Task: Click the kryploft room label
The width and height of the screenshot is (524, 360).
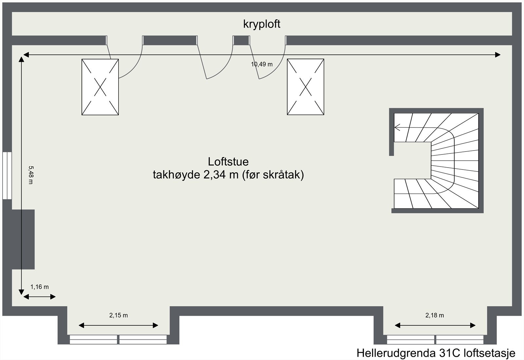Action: (262, 24)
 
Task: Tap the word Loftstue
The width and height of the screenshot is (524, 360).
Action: (228, 162)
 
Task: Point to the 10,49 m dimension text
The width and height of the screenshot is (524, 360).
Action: (262, 64)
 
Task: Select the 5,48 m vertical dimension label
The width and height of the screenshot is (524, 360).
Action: (30, 175)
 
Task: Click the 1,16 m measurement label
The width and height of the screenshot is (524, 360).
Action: (40, 287)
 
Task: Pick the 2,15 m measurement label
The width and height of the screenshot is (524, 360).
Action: (119, 315)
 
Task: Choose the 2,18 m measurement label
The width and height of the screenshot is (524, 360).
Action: (435, 315)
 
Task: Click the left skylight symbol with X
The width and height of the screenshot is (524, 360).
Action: (100, 87)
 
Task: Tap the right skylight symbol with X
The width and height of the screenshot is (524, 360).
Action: (306, 87)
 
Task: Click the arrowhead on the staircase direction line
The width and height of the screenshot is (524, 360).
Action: (397, 128)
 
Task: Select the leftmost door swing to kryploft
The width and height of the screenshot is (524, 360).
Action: (128, 62)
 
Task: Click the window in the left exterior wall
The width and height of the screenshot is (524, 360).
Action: (7, 175)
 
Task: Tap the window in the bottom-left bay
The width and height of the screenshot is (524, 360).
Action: (118, 339)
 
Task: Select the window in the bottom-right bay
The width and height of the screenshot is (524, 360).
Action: (435, 339)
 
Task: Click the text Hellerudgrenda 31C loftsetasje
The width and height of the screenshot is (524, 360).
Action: (436, 353)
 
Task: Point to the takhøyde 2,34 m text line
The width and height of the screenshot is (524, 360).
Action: (228, 175)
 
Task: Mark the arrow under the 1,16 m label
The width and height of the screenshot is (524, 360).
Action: (39, 297)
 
